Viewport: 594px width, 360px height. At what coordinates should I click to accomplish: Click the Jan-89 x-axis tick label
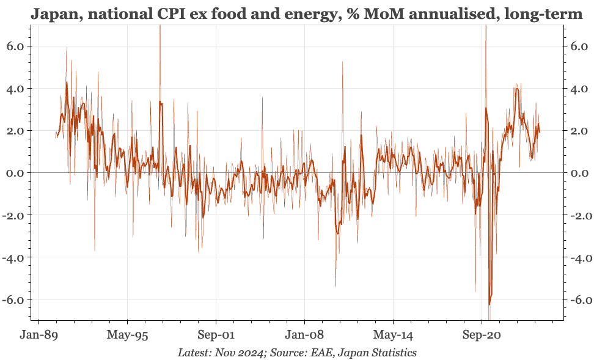39,335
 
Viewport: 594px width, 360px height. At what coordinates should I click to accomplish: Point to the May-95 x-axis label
127,335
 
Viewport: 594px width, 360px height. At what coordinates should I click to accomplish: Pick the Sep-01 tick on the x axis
216,335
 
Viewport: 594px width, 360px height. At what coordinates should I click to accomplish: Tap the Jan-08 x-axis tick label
304,335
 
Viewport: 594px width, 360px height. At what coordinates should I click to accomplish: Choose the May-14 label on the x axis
393,335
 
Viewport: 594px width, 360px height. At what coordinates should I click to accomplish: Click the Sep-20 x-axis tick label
482,335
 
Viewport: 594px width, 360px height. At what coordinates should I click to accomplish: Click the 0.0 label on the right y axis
579,173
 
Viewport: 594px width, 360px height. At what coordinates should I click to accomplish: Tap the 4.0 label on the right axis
579,89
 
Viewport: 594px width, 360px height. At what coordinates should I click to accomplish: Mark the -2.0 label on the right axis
577,215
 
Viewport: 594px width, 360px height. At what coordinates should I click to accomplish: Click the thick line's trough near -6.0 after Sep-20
490,304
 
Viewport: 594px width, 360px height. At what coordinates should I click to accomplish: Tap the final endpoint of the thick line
540,132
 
